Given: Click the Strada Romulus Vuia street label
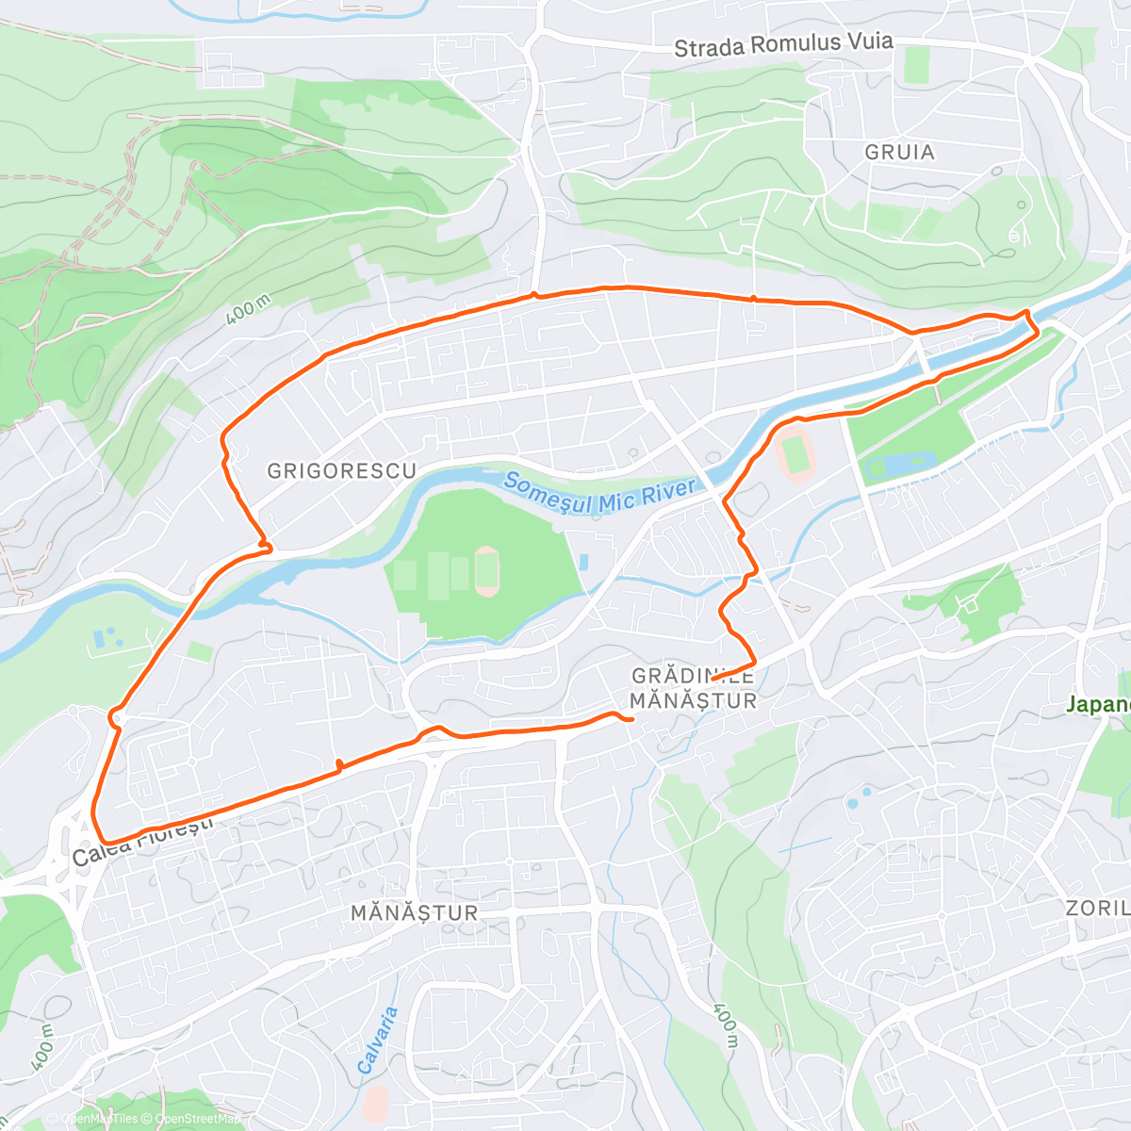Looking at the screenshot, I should [x=783, y=44].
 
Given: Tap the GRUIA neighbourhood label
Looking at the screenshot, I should [x=900, y=152].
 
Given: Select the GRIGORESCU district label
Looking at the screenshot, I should [x=341, y=470].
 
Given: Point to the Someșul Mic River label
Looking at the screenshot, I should [x=599, y=494].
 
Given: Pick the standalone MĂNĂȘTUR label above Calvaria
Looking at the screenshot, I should [x=415, y=912].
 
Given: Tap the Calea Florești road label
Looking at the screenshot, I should [x=142, y=842].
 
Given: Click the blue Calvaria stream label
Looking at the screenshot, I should [x=379, y=1041].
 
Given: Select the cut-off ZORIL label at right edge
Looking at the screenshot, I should [x=1098, y=909].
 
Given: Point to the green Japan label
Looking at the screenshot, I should [x=1099, y=704].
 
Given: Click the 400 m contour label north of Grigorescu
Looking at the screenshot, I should [x=249, y=310].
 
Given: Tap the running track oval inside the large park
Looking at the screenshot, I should [x=487, y=571].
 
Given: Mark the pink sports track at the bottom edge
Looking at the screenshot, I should [x=375, y=1101].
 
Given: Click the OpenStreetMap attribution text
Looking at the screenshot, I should [x=198, y=1119].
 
